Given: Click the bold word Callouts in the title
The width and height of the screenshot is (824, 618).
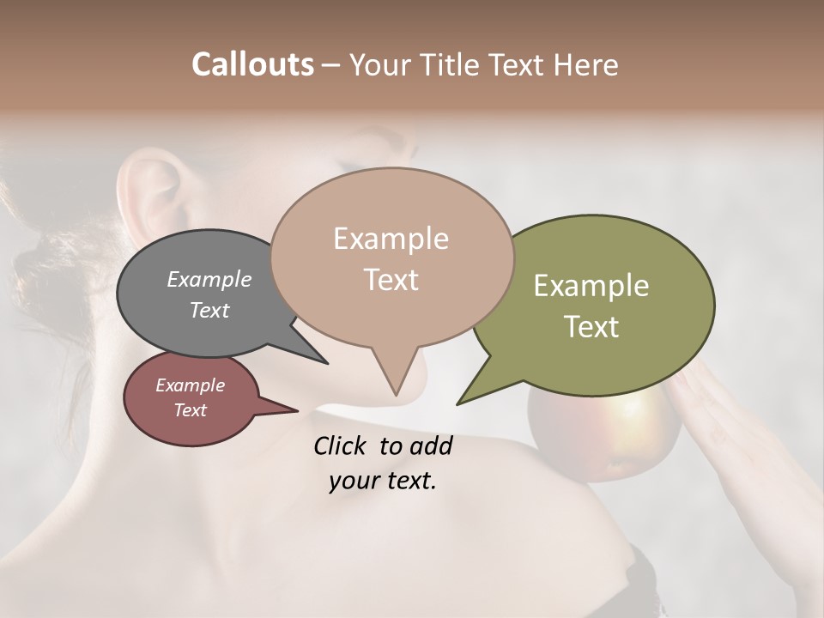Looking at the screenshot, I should (252, 64).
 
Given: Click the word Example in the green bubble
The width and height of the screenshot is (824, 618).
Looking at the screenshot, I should (591, 286).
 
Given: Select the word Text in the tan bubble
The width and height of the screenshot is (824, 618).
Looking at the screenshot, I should (391, 280).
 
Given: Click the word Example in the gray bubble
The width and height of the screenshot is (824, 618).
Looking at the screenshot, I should (209, 279).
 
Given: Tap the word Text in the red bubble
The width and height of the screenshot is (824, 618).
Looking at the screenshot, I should (190, 410).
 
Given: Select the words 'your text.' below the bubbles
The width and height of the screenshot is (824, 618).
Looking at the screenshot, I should (383, 481).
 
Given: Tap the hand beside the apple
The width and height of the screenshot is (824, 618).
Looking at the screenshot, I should (738, 429).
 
